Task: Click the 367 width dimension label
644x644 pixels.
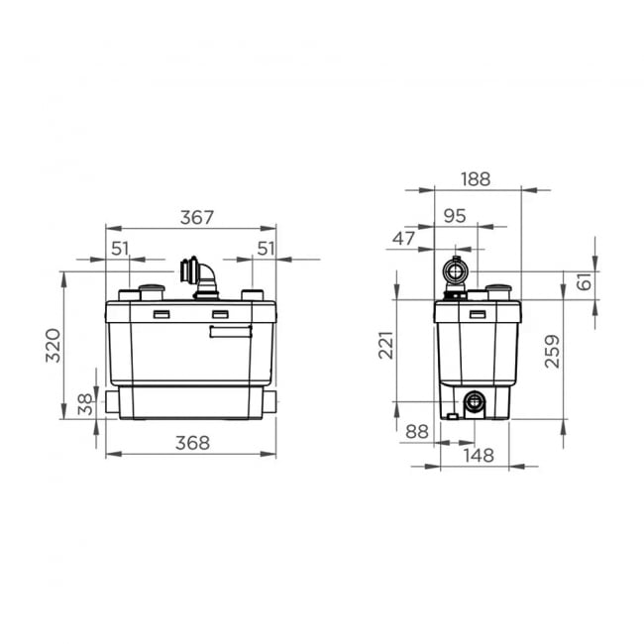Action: point(196,217)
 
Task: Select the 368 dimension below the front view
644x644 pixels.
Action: point(191,443)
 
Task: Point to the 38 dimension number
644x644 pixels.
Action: point(85,403)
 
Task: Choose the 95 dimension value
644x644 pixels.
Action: point(455,215)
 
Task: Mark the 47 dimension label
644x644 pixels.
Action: point(404,238)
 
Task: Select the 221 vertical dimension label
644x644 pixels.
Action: point(386,346)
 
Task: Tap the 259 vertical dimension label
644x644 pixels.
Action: point(553,351)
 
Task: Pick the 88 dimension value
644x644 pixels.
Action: point(417,431)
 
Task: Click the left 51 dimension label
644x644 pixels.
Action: point(120,249)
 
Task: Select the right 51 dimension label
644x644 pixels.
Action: point(265,249)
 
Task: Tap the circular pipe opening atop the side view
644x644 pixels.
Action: point(455,269)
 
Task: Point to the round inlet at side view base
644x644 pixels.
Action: point(475,402)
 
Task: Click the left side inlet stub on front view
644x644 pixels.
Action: point(112,401)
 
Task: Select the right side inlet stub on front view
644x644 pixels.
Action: point(269,401)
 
